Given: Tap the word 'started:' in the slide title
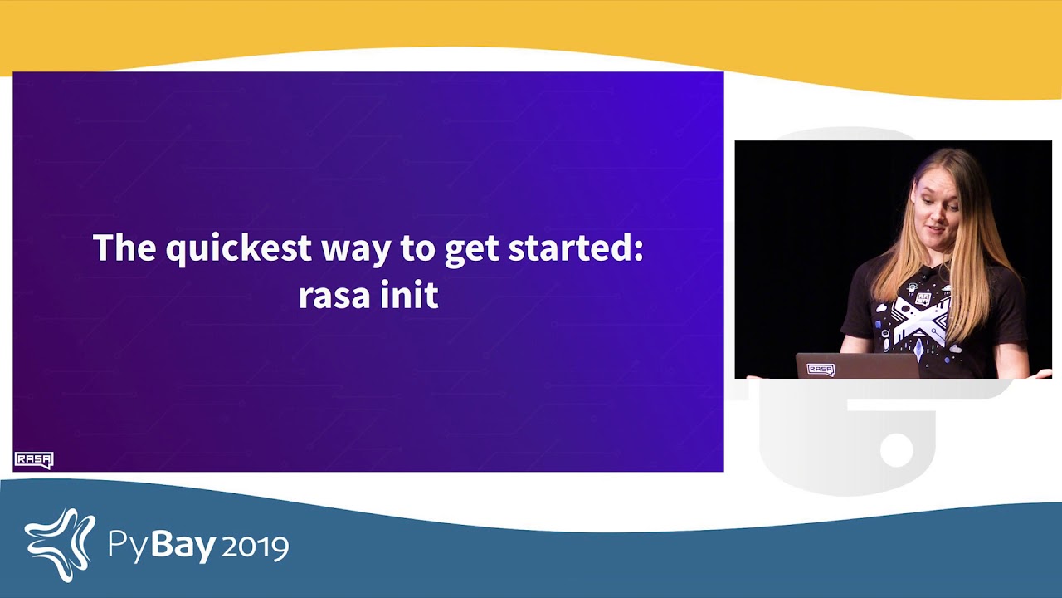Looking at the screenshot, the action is click(575, 247).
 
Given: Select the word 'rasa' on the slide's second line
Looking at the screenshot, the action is click(334, 297).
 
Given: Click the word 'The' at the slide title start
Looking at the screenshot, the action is click(124, 247).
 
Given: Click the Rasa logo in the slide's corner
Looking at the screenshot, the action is click(34, 460).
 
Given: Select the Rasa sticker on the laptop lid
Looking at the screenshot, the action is click(821, 370).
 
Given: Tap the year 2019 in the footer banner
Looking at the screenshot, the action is click(255, 547).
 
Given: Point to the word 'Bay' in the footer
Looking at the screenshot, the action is click(183, 545).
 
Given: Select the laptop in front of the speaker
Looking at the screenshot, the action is click(857, 365).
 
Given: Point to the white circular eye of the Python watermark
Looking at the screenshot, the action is click(897, 449).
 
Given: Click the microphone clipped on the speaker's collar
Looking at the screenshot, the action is click(924, 274).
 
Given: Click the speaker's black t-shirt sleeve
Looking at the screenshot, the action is click(859, 304).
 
